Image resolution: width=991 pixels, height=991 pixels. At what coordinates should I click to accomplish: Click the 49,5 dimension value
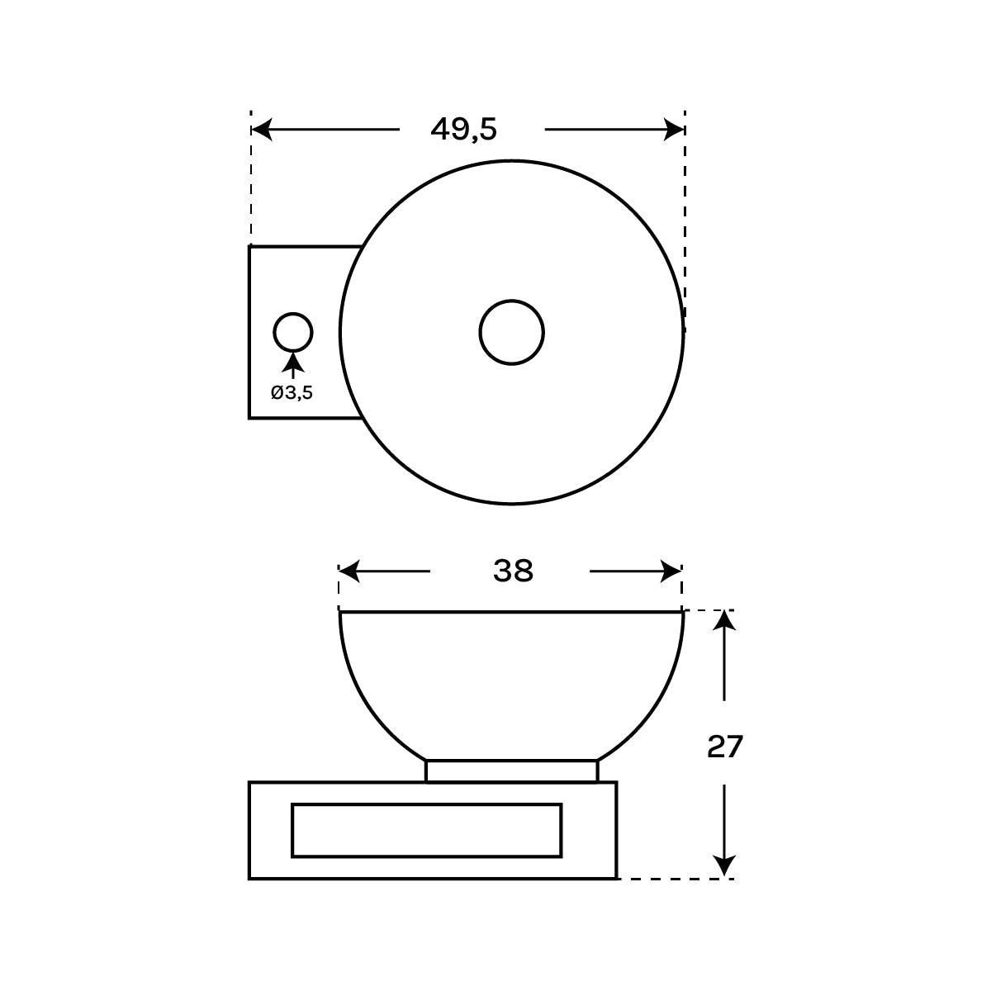pyautogui.click(x=463, y=129)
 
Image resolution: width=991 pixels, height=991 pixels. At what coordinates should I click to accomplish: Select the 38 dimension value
pyautogui.click(x=513, y=571)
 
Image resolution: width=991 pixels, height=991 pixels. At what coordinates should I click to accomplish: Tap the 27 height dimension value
pyautogui.click(x=724, y=747)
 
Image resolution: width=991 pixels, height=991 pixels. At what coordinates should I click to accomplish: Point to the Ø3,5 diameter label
pyautogui.click(x=292, y=392)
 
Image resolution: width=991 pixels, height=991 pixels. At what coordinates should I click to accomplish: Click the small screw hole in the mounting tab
pyautogui.click(x=293, y=333)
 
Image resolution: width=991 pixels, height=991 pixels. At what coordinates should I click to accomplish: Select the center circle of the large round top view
pyautogui.click(x=511, y=332)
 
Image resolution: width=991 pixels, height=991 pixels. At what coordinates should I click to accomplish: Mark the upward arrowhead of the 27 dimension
pyautogui.click(x=724, y=621)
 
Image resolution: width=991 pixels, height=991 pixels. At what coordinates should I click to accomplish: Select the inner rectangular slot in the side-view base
pyautogui.click(x=427, y=830)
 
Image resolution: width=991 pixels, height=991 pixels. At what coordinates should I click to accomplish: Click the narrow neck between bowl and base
pyautogui.click(x=511, y=771)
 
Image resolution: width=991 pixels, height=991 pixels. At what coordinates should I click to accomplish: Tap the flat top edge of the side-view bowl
pyautogui.click(x=511, y=612)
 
